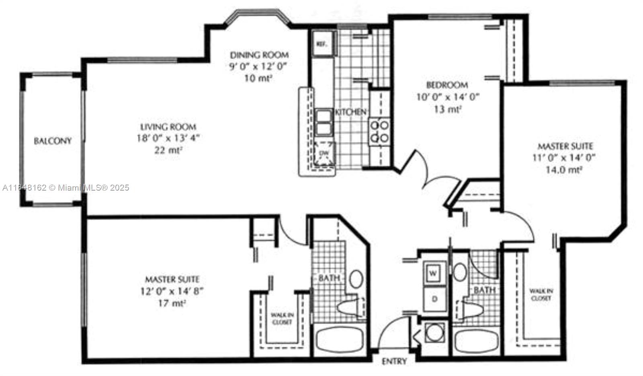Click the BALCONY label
(53, 141)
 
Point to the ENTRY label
(394, 361)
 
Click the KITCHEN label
(351, 112)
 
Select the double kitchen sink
(323, 122)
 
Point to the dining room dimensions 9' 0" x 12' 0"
(259, 66)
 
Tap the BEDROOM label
(447, 85)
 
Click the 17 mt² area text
(172, 303)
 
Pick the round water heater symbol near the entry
(433, 333)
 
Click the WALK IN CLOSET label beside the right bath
(540, 294)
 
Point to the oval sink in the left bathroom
(356, 279)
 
